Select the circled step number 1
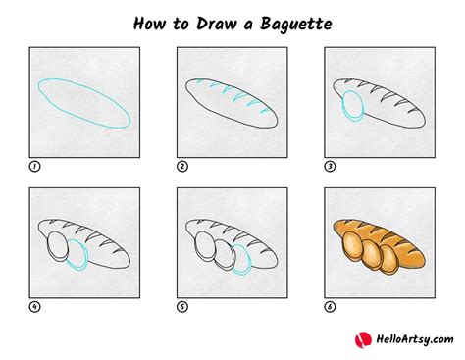34,167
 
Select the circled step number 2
182,167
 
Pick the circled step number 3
331,167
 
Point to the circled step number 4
34,307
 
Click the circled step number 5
182,307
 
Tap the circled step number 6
331,307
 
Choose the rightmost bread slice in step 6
387,259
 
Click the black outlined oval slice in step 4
57,245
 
